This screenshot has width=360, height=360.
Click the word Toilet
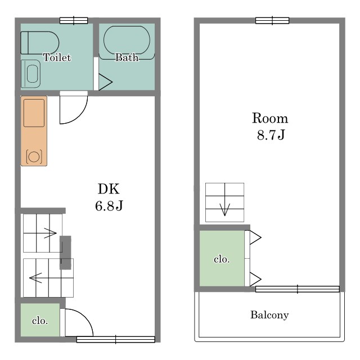pos(57,57)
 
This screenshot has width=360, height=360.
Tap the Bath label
pos(127,57)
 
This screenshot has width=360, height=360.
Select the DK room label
pos(109,189)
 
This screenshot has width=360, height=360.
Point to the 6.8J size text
pos(109,205)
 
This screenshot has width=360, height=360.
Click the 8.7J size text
pos(271,135)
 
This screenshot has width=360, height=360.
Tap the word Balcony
pos(269,315)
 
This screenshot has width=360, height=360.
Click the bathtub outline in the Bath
pos(127,40)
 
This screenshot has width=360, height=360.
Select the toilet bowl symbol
pos(40,43)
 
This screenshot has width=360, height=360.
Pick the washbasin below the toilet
pos(31,74)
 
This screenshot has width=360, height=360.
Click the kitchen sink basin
pos(34,113)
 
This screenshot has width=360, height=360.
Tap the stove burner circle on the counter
pos(34,157)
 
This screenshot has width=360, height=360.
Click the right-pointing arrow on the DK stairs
pos(40,233)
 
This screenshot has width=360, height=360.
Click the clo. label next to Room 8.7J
pos(222,259)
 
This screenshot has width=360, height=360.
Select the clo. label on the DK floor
pos(40,321)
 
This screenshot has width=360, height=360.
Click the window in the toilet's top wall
pos(74,21)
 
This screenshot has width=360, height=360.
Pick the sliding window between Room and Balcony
pos(298,289)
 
